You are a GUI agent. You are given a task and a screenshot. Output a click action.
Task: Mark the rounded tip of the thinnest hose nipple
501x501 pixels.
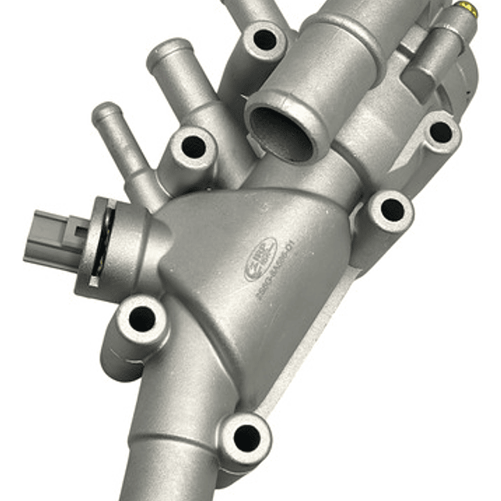[107, 111]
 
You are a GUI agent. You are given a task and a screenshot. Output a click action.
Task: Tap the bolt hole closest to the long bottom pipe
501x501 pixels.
[247, 437]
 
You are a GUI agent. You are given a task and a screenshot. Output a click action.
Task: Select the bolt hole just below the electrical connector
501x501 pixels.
[142, 318]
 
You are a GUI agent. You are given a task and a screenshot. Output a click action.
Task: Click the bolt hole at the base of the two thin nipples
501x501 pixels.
[193, 146]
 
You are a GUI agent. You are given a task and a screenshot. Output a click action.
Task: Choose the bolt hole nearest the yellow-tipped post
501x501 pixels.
[440, 131]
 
